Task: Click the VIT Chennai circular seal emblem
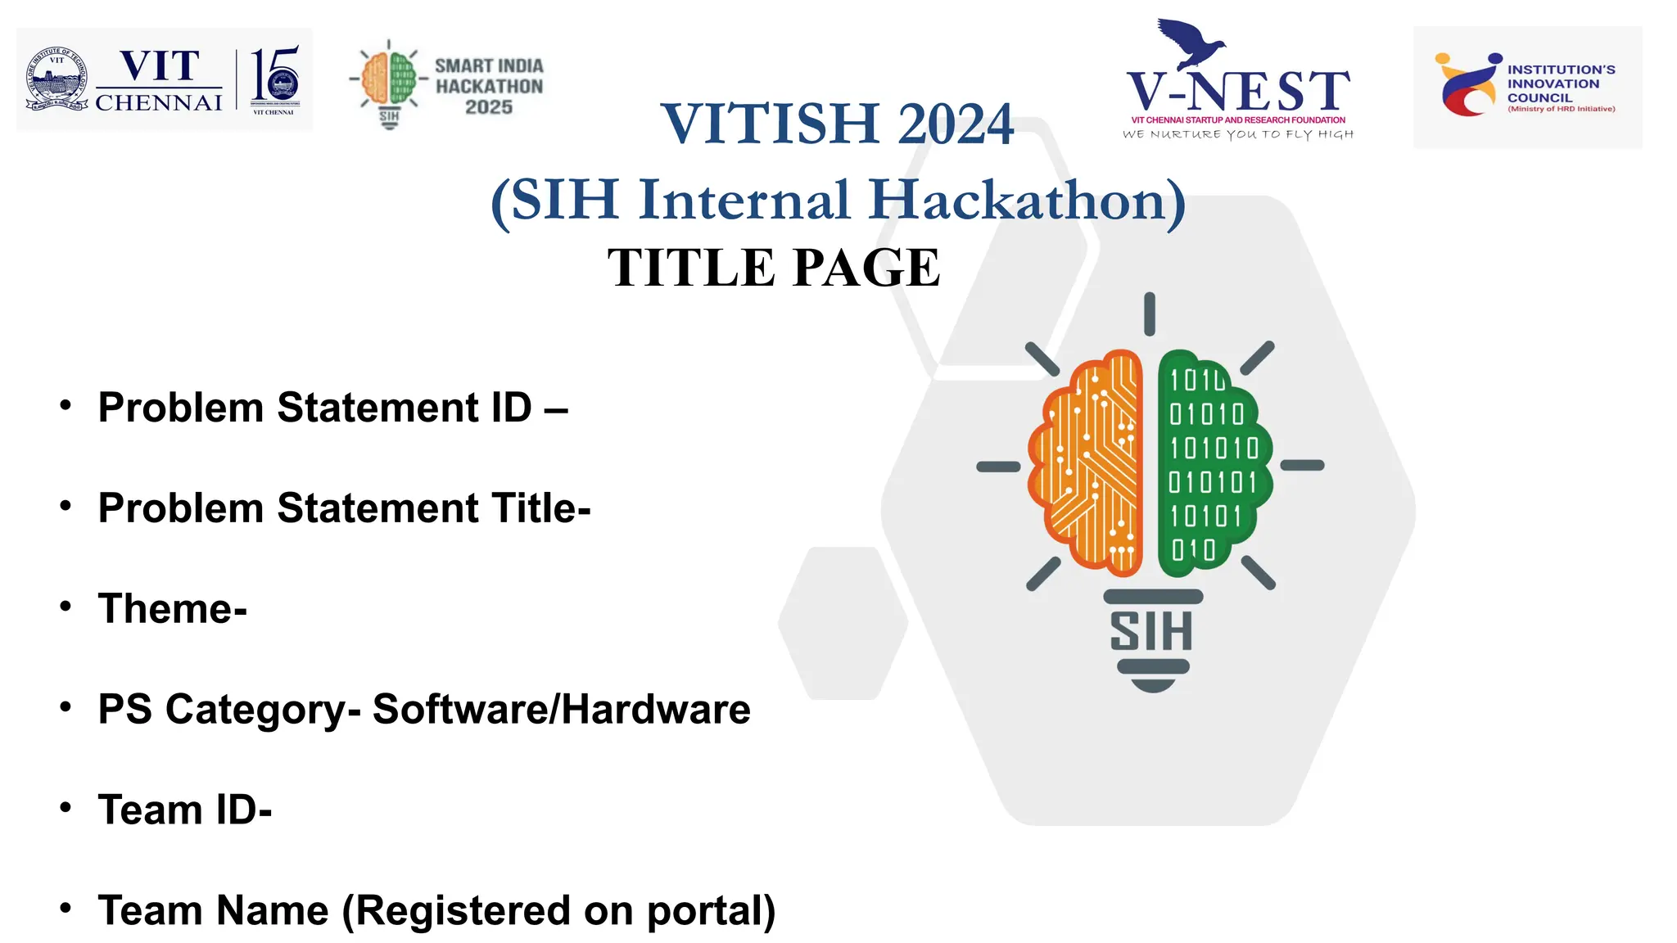(57, 79)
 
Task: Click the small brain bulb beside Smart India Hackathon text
(390, 82)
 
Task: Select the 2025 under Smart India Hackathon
(489, 107)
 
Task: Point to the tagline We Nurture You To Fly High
(1237, 134)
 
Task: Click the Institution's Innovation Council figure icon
(1468, 85)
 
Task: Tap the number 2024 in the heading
(955, 124)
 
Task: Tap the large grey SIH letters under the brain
(1150, 631)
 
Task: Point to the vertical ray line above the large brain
(1150, 314)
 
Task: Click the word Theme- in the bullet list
(172, 609)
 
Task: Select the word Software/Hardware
(561, 710)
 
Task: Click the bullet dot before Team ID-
(66, 807)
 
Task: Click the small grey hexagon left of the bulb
(843, 623)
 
